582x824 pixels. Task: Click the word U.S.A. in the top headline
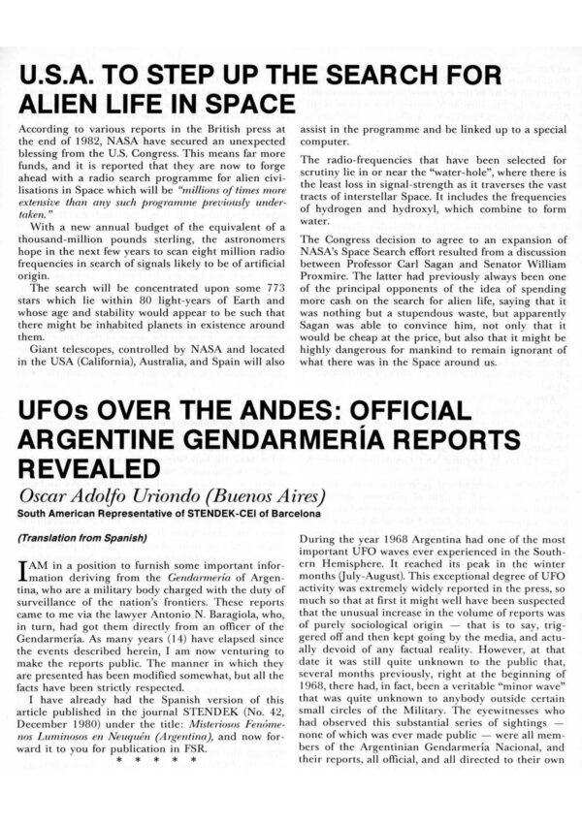tap(64, 77)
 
